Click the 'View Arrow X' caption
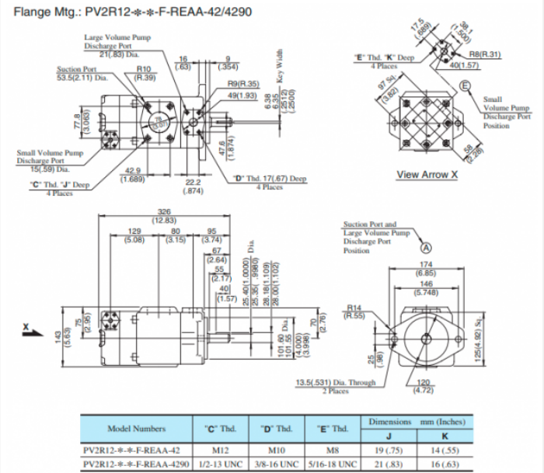427,174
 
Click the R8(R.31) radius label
484,54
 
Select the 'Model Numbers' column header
136,428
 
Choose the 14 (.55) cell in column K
445,449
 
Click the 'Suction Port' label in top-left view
75,69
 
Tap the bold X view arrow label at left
26,327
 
